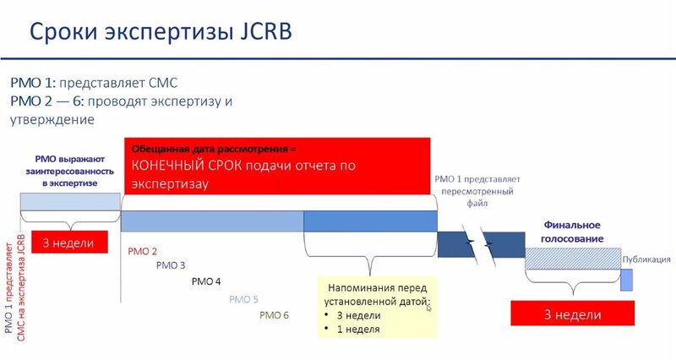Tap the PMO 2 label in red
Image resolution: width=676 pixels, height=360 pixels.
coord(143,251)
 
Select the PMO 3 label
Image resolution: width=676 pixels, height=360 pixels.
coord(171,265)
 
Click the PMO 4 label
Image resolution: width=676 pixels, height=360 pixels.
coord(206,281)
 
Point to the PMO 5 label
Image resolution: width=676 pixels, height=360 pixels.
coord(243,299)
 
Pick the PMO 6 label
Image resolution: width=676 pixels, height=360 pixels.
coord(275,315)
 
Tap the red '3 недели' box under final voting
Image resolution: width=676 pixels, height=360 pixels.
coord(572,314)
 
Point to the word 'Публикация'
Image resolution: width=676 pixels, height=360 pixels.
coord(646,259)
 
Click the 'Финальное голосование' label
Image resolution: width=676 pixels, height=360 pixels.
coord(572,232)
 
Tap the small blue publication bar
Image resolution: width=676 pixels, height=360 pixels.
coord(626,280)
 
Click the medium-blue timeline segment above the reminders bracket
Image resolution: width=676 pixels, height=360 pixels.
coord(370,221)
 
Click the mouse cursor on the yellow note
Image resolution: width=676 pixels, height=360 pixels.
coord(428,307)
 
